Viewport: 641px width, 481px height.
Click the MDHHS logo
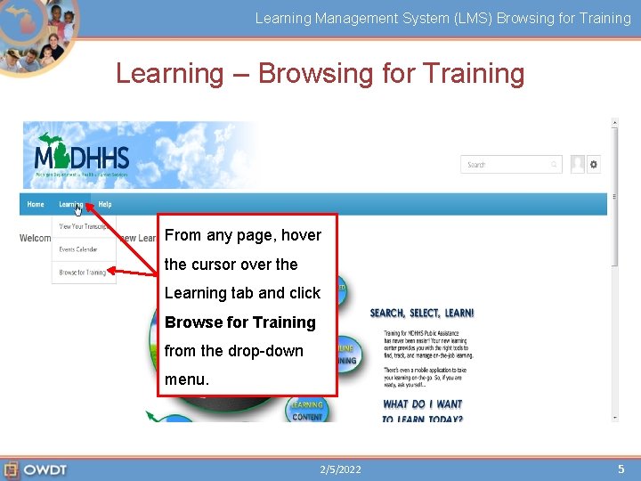click(81, 156)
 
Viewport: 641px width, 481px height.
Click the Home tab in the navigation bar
click(36, 204)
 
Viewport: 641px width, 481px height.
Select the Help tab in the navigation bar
click(105, 204)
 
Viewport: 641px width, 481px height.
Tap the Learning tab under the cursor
click(70, 204)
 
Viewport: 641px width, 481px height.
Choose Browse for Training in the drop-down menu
click(83, 273)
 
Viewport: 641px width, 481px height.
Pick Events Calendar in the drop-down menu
click(78, 249)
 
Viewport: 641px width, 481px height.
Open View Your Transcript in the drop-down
click(83, 227)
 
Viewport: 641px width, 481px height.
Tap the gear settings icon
click(594, 164)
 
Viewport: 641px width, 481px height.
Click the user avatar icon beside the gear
click(578, 164)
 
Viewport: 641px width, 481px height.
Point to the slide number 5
click(621, 469)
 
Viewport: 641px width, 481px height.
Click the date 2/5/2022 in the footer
click(341, 469)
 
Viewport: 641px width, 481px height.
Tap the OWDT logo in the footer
click(36, 469)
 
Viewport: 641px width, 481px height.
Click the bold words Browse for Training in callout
click(240, 322)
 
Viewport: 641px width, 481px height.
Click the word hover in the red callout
click(301, 235)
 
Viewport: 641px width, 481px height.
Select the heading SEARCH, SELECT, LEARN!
click(422, 314)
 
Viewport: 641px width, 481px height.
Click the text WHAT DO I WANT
click(423, 404)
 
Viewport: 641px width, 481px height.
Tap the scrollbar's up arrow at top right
click(614, 125)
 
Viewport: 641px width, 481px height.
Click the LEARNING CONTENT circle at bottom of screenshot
click(307, 411)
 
